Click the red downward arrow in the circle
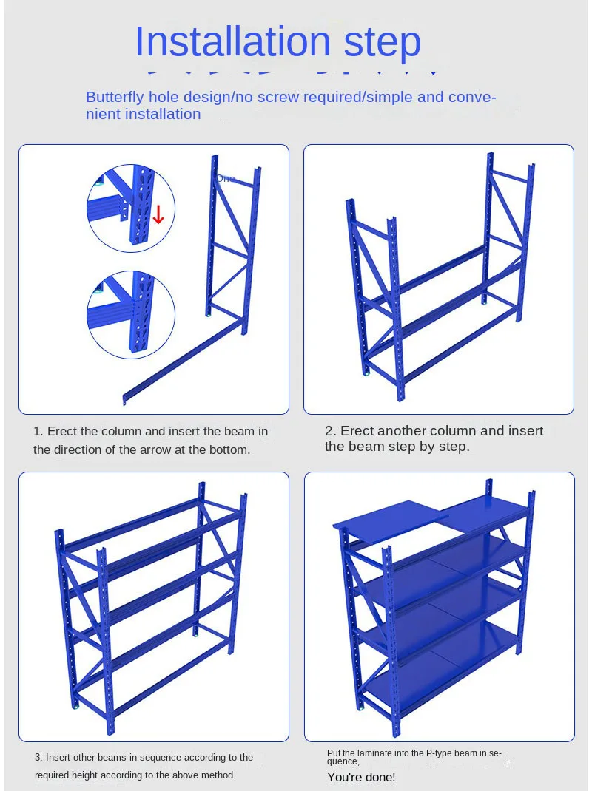tap(158, 215)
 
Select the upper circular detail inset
tap(131, 204)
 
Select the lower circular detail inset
tap(131, 314)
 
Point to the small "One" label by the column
tap(225, 179)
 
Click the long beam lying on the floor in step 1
tap(181, 362)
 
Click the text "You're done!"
tap(361, 777)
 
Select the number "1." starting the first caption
tap(38, 431)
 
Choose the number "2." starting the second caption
tap(331, 431)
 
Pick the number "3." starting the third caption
tap(38, 758)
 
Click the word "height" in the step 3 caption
tap(112, 775)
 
